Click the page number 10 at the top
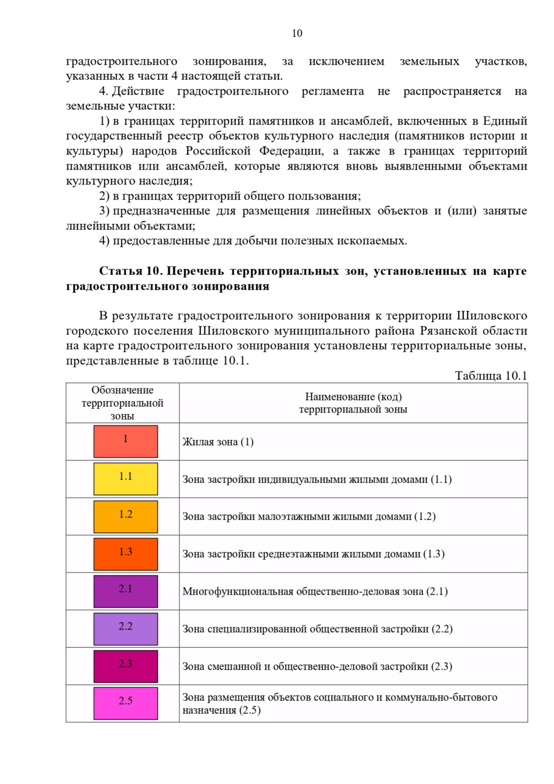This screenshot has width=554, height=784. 297,33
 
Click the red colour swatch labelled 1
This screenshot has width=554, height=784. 126,441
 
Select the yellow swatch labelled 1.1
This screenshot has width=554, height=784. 126,479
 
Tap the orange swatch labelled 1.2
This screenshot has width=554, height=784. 126,517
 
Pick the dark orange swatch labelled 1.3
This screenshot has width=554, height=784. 126,554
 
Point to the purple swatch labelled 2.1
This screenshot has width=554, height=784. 126,591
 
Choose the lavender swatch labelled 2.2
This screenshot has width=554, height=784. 126,629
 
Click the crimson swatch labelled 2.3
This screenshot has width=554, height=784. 126,666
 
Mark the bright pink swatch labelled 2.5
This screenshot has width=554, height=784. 126,704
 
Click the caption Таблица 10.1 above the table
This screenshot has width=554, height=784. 491,375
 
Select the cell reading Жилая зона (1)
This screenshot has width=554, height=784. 218,442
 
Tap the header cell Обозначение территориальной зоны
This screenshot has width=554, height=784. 122,403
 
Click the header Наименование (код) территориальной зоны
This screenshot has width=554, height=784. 353,403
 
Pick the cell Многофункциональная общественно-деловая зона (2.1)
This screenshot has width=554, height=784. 315,591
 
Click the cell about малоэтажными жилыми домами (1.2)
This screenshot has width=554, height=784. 309,517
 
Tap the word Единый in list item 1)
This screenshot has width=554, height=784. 505,121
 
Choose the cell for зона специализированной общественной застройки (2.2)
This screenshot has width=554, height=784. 317,629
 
